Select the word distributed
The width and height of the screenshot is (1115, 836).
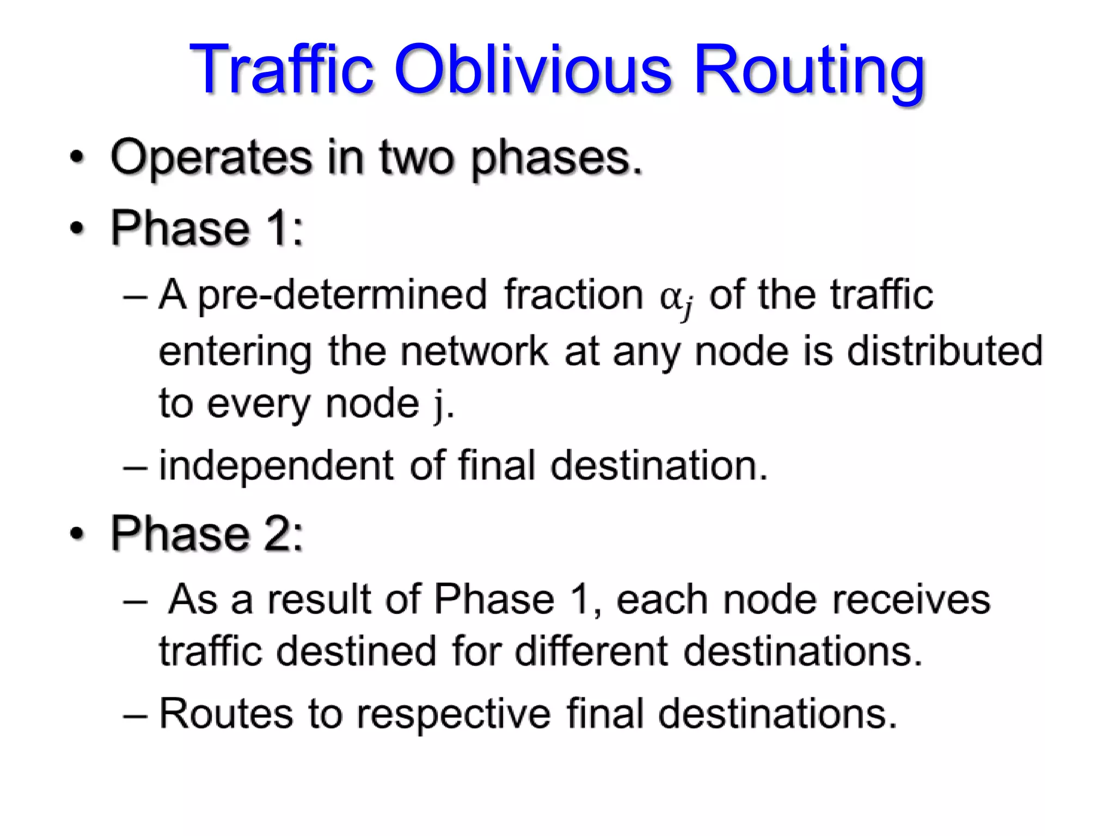click(x=945, y=351)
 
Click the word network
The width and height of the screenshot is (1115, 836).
click(x=474, y=351)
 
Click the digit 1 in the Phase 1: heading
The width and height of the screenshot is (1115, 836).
click(x=278, y=228)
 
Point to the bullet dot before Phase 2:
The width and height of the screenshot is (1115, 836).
click(x=78, y=534)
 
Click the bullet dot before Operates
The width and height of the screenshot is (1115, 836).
click(x=78, y=158)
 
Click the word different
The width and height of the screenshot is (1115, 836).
click(x=591, y=651)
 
